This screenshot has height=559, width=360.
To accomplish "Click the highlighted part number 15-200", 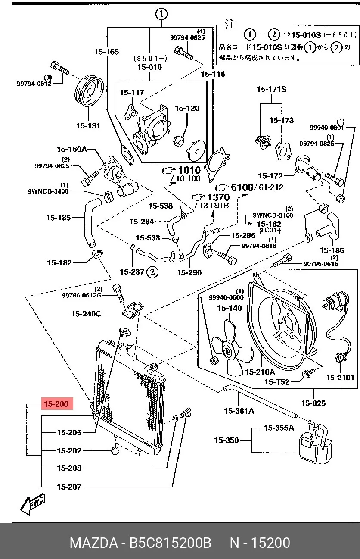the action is pos(57,403).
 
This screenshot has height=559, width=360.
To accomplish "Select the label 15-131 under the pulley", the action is pos(88,125).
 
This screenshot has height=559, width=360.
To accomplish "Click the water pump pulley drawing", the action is pos(89,91).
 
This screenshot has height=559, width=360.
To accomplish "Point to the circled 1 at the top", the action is pos(161,14).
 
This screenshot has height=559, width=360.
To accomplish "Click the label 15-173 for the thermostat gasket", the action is pos(282,120).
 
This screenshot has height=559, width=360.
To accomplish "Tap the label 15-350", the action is pos(227,440).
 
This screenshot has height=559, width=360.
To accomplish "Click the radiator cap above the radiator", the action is pos(124,332).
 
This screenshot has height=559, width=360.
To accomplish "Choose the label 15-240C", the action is pos(86,314).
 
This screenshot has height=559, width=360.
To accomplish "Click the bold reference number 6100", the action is pos(242,187).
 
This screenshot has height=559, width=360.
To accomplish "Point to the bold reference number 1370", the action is pos(218,197).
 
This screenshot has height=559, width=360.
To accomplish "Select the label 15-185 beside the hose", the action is pos(58,218).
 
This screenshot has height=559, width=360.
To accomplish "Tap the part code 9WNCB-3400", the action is pos(48,191).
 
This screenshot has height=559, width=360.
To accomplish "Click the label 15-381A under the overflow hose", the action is pos(239,411).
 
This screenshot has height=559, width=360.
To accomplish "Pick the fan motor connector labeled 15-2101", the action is pos(340,357).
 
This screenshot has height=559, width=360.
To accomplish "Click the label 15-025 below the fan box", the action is pos(313,403).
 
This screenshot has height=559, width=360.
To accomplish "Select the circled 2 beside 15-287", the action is pos(152,272).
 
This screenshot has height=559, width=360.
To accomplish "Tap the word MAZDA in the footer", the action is pos(94,543).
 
